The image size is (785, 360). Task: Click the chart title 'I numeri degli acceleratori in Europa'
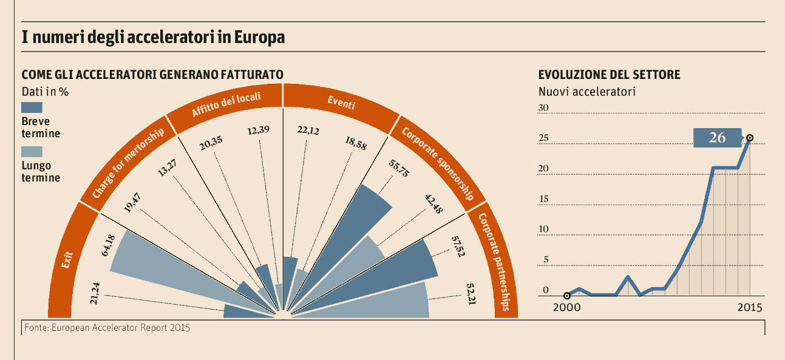(153, 38)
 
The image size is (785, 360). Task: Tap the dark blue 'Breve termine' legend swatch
(32, 107)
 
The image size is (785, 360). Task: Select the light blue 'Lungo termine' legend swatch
(32, 152)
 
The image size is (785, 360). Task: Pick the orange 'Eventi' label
(341, 103)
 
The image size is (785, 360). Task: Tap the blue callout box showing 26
(717, 138)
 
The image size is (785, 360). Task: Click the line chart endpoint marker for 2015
(750, 138)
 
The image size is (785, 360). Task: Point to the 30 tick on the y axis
(543, 108)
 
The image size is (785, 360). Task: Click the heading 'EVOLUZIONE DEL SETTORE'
(609, 75)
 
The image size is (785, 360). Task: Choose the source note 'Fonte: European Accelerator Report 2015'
(107, 328)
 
